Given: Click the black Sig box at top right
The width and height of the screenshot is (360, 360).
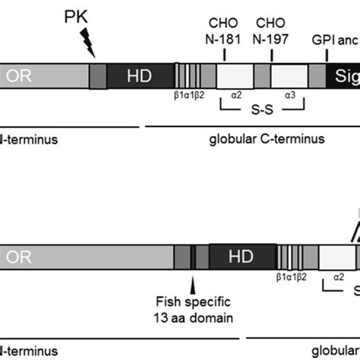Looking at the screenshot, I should point(343,74).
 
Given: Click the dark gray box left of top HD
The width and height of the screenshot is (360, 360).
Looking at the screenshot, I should point(99,74).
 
